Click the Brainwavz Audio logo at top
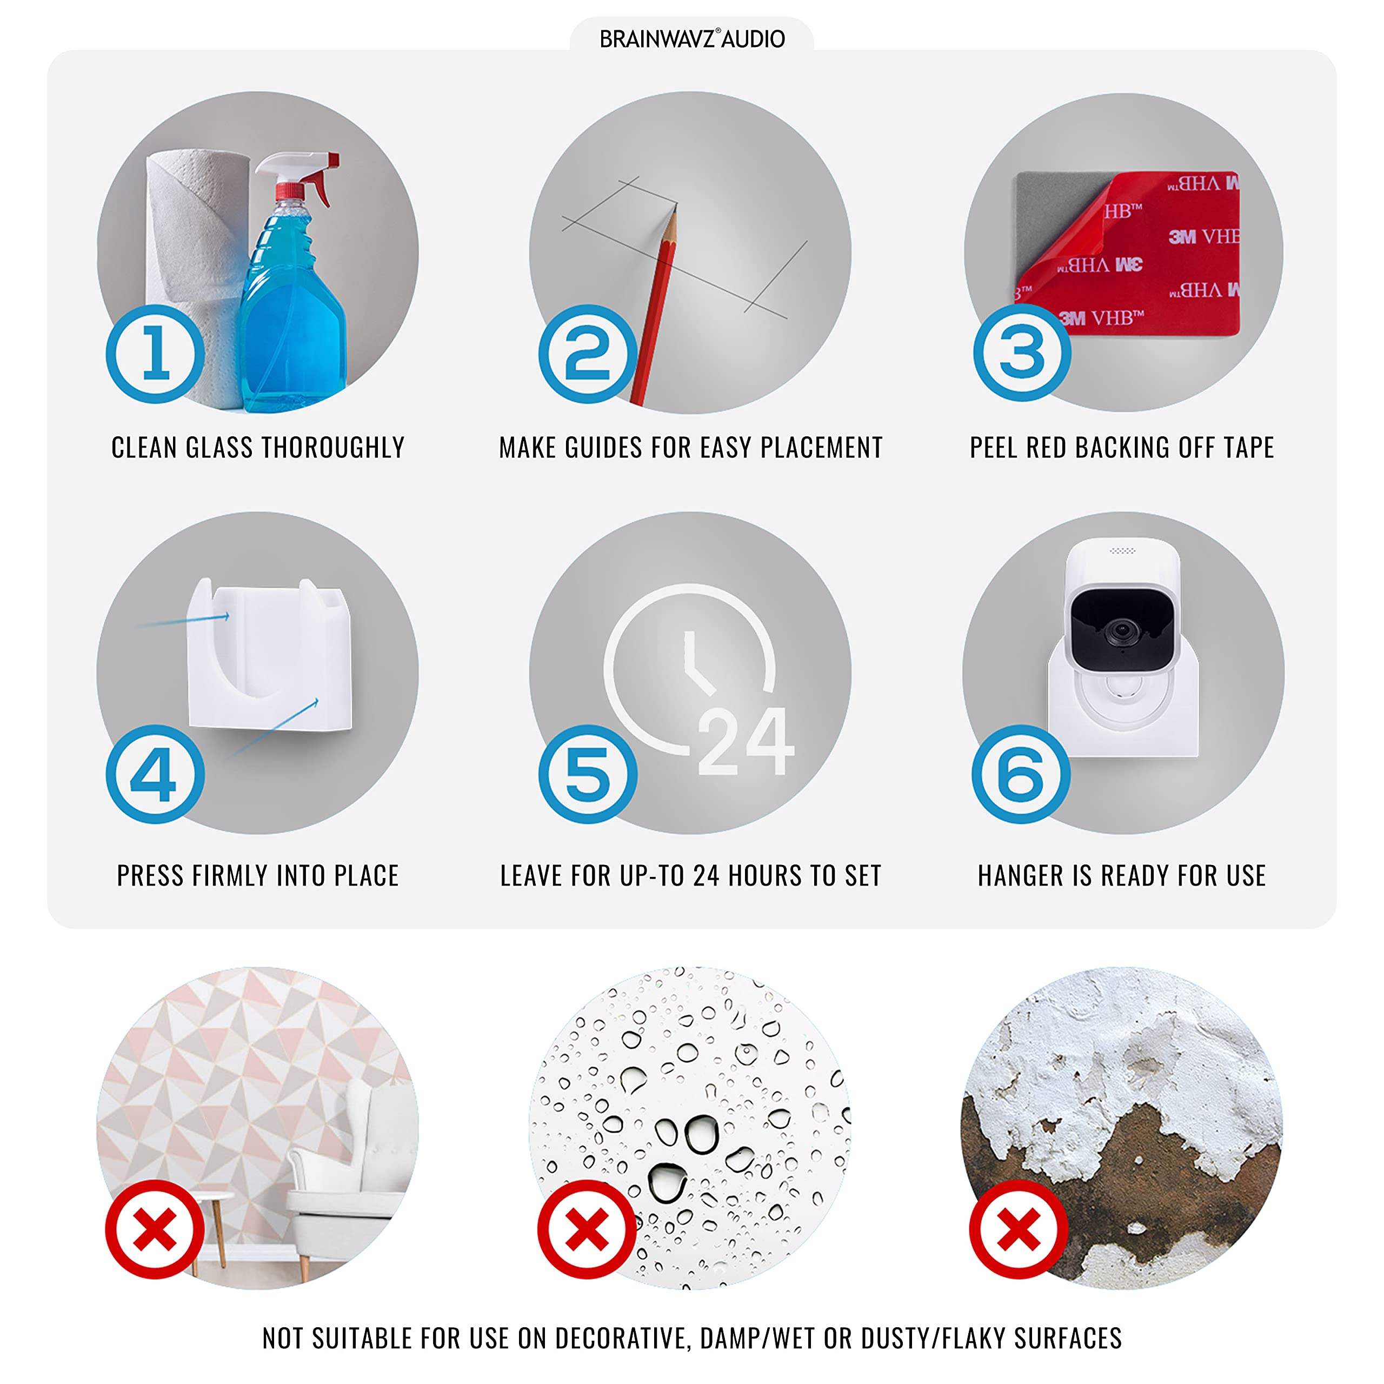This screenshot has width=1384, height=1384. point(692,39)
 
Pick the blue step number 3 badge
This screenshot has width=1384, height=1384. point(1022,352)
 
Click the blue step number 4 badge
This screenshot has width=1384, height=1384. point(156,774)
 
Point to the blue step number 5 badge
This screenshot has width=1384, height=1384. point(588,774)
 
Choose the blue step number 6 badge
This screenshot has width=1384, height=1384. point(1021,774)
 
